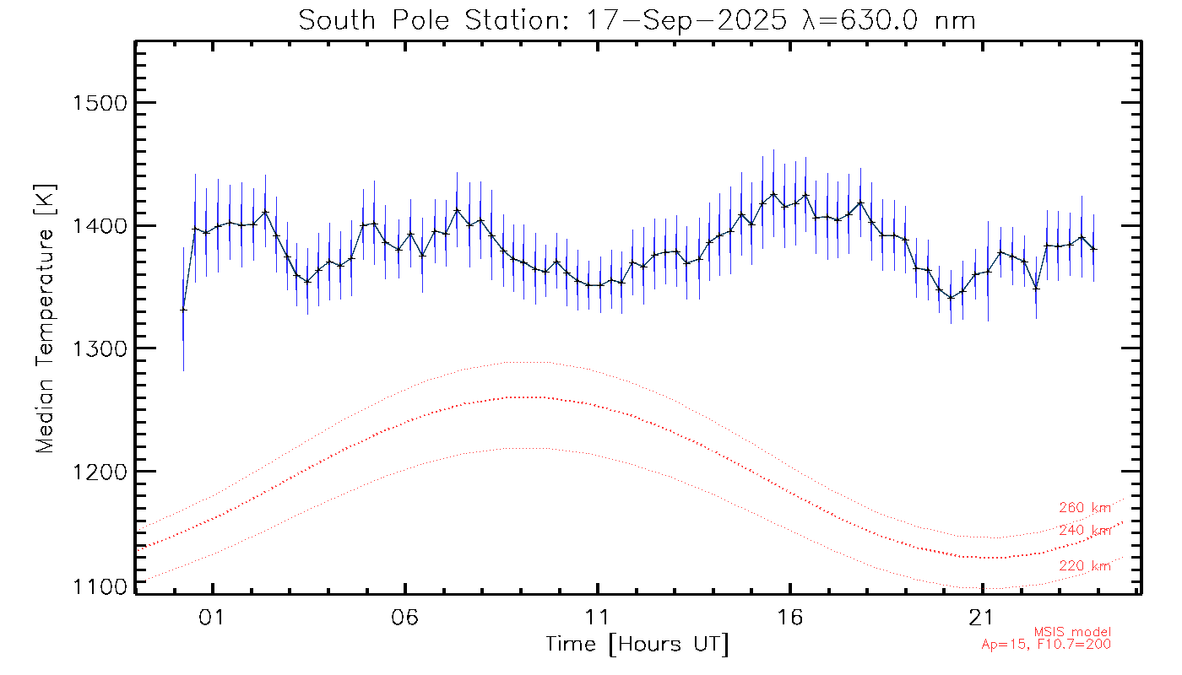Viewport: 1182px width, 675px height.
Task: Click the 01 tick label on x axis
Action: [x=212, y=618]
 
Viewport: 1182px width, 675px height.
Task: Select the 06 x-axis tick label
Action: [x=405, y=618]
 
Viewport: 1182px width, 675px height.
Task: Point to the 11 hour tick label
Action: [x=598, y=618]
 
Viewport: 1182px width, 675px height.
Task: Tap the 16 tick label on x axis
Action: [x=790, y=618]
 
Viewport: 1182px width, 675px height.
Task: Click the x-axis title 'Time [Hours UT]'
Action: [x=637, y=645]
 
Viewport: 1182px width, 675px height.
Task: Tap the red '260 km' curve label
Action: [x=1085, y=508]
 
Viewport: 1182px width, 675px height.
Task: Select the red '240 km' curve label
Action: [x=1085, y=531]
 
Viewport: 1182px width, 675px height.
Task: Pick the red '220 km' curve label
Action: [x=1085, y=566]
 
